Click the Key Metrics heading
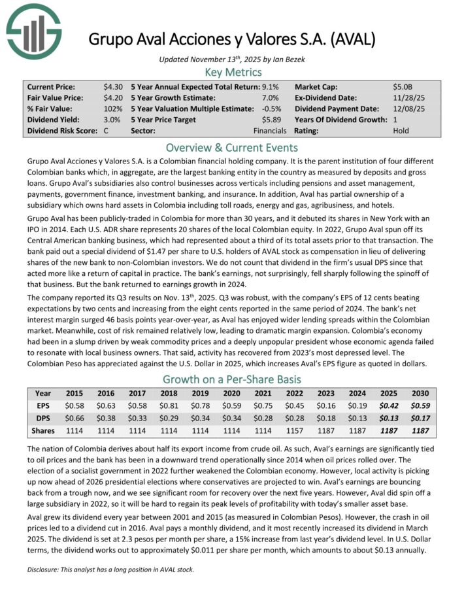coord(233,73)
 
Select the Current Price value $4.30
coord(112,86)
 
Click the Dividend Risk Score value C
coord(106,131)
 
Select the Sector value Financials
coord(269,131)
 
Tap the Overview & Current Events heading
coord(232,147)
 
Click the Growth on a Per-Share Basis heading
coord(232,379)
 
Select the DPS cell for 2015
coord(75,419)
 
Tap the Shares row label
coord(42,431)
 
